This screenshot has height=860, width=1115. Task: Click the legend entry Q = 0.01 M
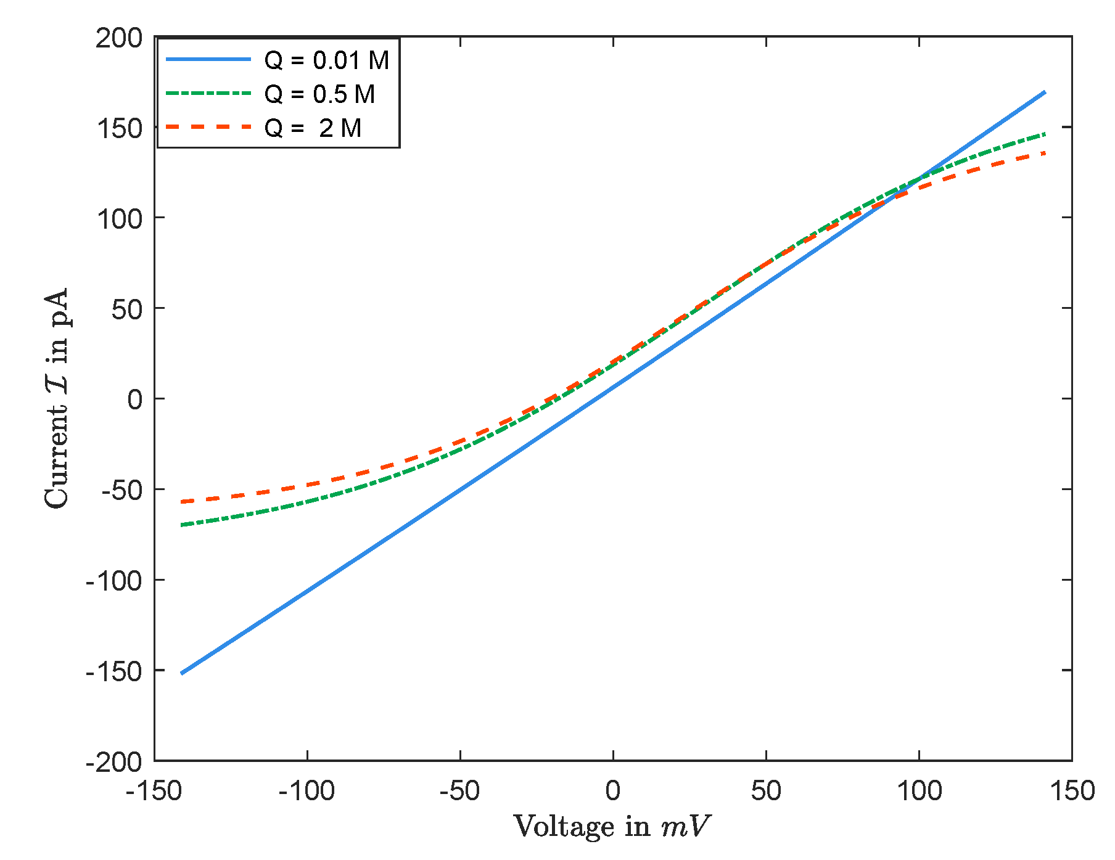[x=326, y=60]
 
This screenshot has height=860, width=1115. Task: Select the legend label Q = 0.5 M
[x=319, y=94]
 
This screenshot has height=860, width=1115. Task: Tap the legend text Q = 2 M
[x=313, y=128]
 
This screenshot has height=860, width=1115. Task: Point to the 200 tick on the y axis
[x=119, y=38]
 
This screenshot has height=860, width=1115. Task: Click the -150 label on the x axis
[x=154, y=791]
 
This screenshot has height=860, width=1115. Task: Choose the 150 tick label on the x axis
[x=1072, y=791]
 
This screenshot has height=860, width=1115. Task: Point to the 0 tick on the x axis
[x=612, y=791]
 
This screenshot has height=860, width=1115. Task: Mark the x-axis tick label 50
[x=766, y=791]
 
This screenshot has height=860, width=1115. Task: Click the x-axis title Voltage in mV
[x=612, y=827]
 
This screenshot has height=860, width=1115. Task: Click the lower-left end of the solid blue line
[x=181, y=673]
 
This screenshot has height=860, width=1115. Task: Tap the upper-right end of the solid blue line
[x=1045, y=92]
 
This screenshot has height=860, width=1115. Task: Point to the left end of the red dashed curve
[x=182, y=502]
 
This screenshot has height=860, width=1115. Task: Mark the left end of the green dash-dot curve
[x=182, y=525]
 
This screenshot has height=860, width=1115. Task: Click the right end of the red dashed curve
[x=1045, y=152]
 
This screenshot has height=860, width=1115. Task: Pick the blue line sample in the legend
[x=208, y=59]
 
